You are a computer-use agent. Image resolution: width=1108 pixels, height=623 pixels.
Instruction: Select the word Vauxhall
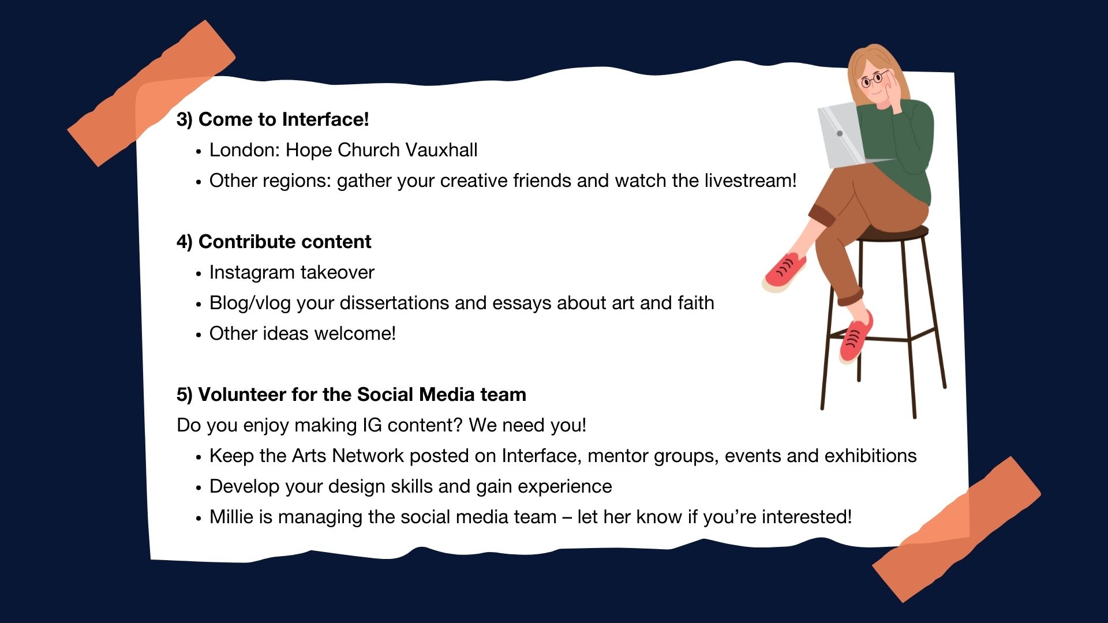tap(441, 150)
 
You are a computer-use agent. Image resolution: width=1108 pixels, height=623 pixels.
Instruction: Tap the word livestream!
tap(750, 181)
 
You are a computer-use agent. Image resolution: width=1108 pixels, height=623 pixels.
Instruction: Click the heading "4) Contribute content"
tap(274, 242)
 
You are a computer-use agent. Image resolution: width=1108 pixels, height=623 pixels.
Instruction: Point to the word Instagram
tap(252, 273)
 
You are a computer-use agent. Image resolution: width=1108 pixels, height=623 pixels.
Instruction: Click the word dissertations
tap(394, 303)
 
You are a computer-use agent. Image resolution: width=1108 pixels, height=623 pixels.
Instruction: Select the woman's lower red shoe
tap(856, 337)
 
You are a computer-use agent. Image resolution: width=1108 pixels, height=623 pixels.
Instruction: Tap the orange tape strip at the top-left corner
tap(151, 93)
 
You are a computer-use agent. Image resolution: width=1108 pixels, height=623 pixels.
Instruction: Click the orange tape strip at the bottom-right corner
tap(956, 530)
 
